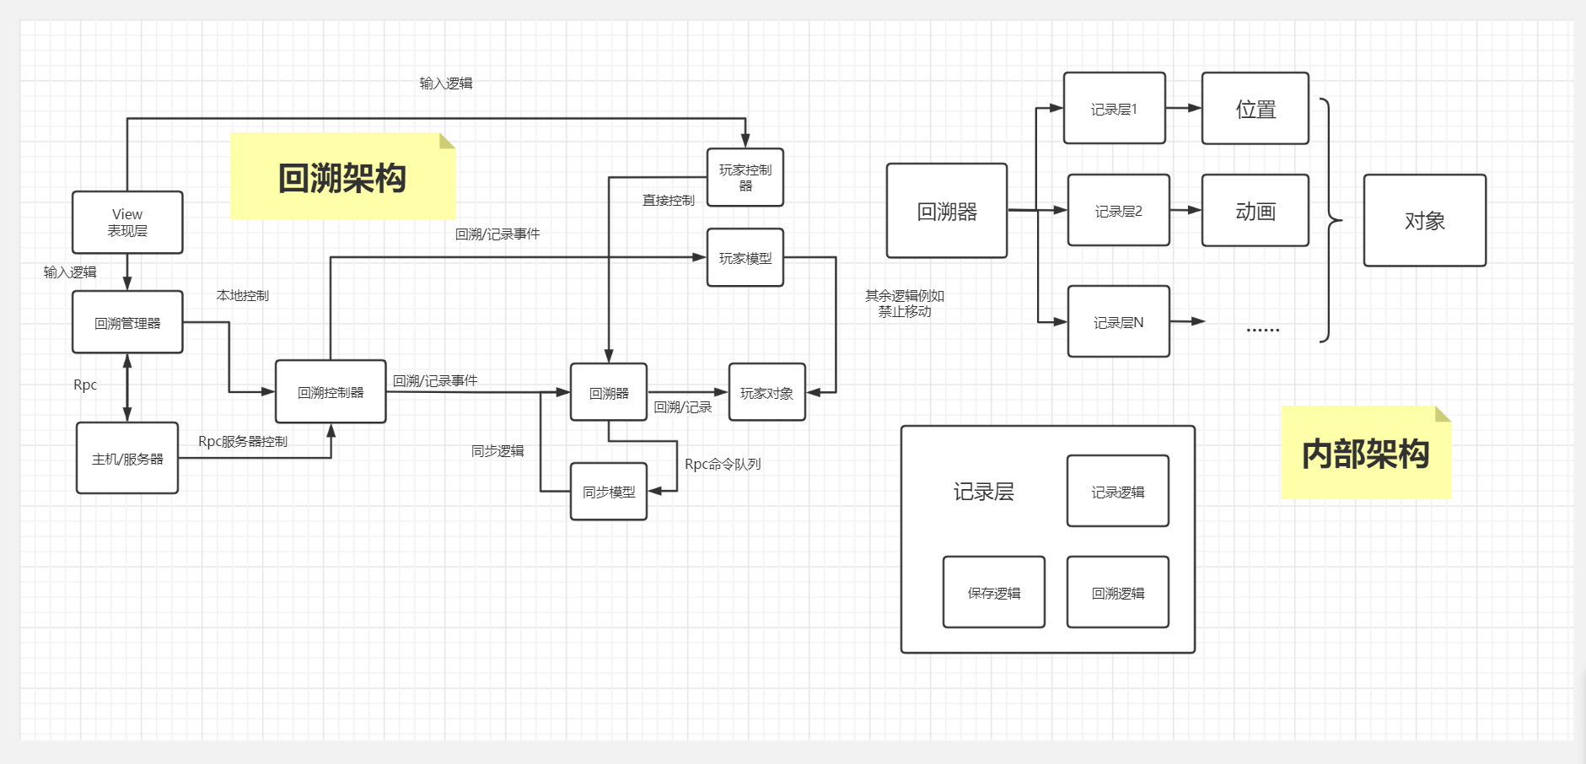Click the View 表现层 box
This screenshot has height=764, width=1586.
[x=127, y=223]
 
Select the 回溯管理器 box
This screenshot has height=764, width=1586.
[x=127, y=322]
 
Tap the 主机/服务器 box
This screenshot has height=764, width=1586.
[x=127, y=458]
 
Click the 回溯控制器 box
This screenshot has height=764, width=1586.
[x=331, y=392]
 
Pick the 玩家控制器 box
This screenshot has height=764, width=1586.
[x=745, y=178]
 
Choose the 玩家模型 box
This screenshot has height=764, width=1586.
[x=745, y=258]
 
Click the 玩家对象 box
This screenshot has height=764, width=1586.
[x=766, y=392]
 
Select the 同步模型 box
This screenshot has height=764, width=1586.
[x=609, y=492]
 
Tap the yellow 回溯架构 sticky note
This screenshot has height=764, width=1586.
[x=343, y=177]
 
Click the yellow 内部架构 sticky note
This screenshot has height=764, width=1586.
[x=1365, y=454]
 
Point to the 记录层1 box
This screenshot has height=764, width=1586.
[x=1114, y=109]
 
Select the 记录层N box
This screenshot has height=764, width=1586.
[x=1118, y=322]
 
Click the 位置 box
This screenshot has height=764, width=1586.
[x=1255, y=109]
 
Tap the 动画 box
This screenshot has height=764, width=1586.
[x=1255, y=211]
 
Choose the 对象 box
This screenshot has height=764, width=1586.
[x=1424, y=221]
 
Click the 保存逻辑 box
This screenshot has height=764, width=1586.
[x=993, y=593]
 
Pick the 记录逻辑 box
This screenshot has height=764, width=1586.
[x=1117, y=492]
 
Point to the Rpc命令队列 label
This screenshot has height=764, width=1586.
[x=723, y=464]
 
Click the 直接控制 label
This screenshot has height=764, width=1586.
[x=668, y=200]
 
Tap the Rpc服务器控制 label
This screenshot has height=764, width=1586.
[x=243, y=441]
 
